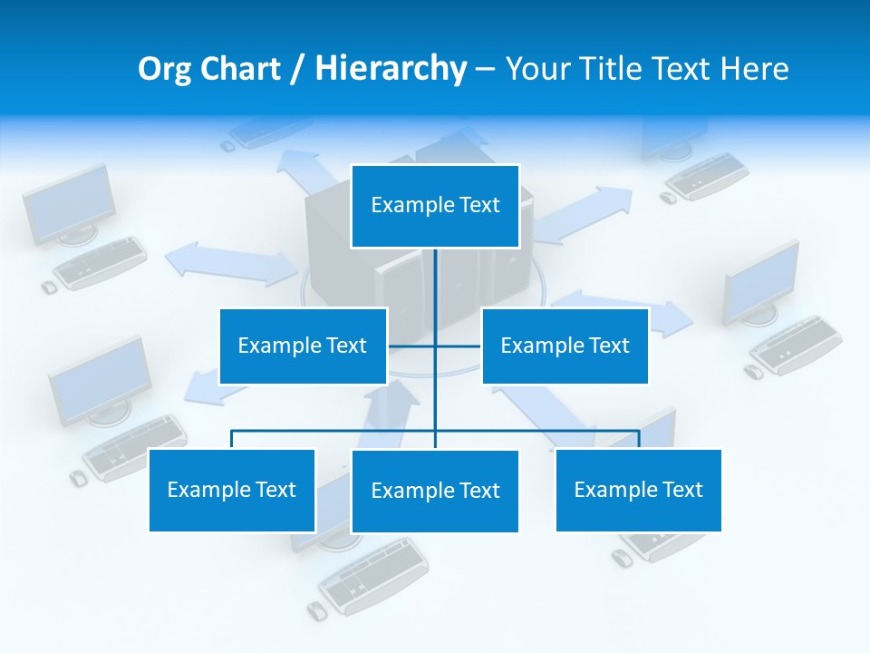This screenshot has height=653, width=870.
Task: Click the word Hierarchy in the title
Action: pyautogui.click(x=391, y=69)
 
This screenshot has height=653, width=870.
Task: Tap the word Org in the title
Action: pyautogui.click(x=165, y=69)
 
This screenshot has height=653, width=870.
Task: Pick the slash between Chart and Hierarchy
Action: pyautogui.click(x=298, y=69)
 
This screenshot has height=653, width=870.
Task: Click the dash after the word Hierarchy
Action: pyautogui.click(x=485, y=69)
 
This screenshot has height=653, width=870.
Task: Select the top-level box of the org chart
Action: pyautogui.click(x=435, y=206)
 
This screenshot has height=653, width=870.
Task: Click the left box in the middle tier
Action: pyautogui.click(x=303, y=346)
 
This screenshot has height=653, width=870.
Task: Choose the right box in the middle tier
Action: pyautogui.click(x=565, y=346)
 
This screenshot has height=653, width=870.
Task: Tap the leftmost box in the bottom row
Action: pyautogui.click(x=232, y=490)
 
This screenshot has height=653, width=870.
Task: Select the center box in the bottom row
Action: pyautogui.click(x=435, y=491)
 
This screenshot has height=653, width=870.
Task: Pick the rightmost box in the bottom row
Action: pyautogui.click(x=638, y=490)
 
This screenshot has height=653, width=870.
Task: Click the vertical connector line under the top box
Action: pyautogui.click(x=435, y=290)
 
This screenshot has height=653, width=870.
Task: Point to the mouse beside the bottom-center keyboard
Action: pyautogui.click(x=316, y=610)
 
